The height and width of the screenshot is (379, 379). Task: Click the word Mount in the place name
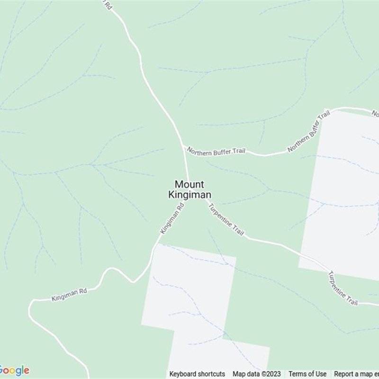tap(189, 184)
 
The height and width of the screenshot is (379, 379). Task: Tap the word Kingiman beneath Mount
tap(189, 194)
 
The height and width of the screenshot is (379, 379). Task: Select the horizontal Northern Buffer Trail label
tap(216, 151)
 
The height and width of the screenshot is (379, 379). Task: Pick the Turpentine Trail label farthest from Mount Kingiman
tap(343, 288)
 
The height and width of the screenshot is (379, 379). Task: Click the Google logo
tap(14, 370)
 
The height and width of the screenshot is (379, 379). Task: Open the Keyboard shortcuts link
tap(197, 374)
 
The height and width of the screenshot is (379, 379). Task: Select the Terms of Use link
tap(307, 374)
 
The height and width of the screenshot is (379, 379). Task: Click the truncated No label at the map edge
tap(375, 114)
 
